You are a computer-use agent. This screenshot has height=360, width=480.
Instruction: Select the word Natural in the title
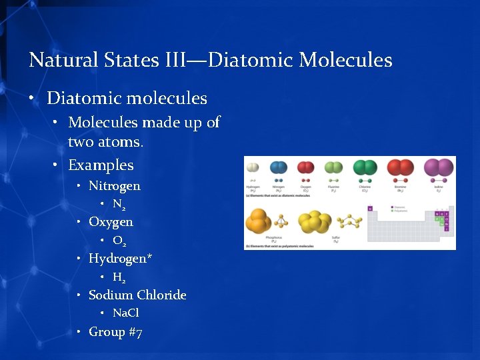pyautogui.click(x=63, y=60)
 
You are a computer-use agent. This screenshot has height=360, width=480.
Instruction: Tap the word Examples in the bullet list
pyautogui.click(x=101, y=165)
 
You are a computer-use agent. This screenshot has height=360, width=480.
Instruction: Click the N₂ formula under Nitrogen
pyautogui.click(x=119, y=204)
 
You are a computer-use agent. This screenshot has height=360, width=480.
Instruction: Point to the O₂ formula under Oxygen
pyautogui.click(x=119, y=241)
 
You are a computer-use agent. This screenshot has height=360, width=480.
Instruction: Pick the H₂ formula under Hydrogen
pyautogui.click(x=119, y=277)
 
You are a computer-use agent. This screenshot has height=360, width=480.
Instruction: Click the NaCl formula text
pyautogui.click(x=126, y=313)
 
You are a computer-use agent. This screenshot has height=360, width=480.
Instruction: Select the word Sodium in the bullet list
pyautogui.click(x=110, y=295)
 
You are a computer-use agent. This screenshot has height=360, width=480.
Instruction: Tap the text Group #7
pyautogui.click(x=115, y=331)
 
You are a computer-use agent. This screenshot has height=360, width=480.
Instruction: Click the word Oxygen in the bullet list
pyautogui.click(x=111, y=222)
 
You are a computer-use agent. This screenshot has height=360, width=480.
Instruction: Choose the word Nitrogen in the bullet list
pyautogui.click(x=115, y=186)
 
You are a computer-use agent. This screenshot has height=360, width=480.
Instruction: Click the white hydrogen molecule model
pyautogui.click(x=252, y=168)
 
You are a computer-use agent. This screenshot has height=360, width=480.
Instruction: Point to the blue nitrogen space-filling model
pyautogui.click(x=279, y=167)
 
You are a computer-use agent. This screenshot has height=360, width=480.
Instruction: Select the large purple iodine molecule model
pyautogui.click(x=438, y=167)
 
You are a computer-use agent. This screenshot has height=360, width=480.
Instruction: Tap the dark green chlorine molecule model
pyautogui.click(x=365, y=167)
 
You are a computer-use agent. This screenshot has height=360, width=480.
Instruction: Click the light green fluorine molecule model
pyautogui.click(x=333, y=167)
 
